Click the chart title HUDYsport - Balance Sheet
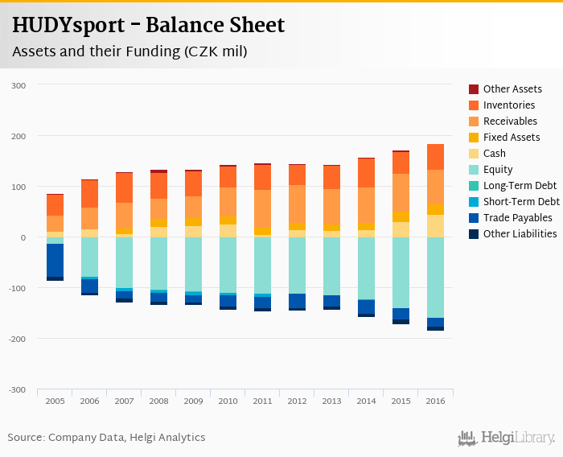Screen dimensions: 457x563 [148, 26]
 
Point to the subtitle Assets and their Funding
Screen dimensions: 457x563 [129, 52]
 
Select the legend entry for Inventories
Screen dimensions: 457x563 [508, 105]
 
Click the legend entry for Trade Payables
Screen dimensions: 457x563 [517, 218]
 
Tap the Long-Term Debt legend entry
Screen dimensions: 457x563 [520, 186]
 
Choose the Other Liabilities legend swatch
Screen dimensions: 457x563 [474, 234]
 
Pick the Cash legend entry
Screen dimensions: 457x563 [495, 154]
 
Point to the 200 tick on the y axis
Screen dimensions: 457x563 [18, 136]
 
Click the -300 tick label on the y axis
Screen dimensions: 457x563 [17, 389]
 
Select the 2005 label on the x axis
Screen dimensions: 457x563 [55, 401]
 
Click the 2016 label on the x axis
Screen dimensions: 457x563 [435, 401]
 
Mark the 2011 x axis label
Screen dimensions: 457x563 [262, 401]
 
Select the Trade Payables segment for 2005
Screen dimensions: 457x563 [55, 260]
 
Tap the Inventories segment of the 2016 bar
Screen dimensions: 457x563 [435, 157]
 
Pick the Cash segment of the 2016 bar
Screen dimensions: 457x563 [435, 226]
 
